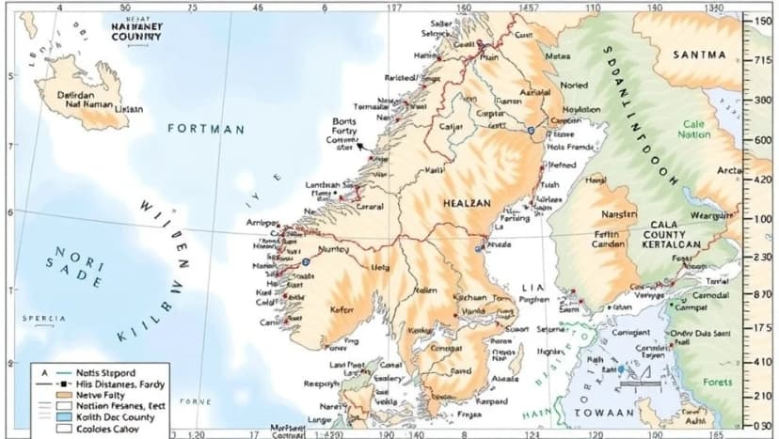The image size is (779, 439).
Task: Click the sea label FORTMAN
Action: (x=206, y=128)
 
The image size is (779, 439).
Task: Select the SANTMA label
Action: (x=699, y=55)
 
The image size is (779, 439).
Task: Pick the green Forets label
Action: (x=717, y=382)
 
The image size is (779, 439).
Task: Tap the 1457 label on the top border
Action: (x=529, y=8)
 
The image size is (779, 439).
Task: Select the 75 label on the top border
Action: (x=192, y=8)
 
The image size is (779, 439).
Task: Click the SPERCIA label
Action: (x=43, y=319)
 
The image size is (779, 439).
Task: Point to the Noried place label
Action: (x=574, y=85)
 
